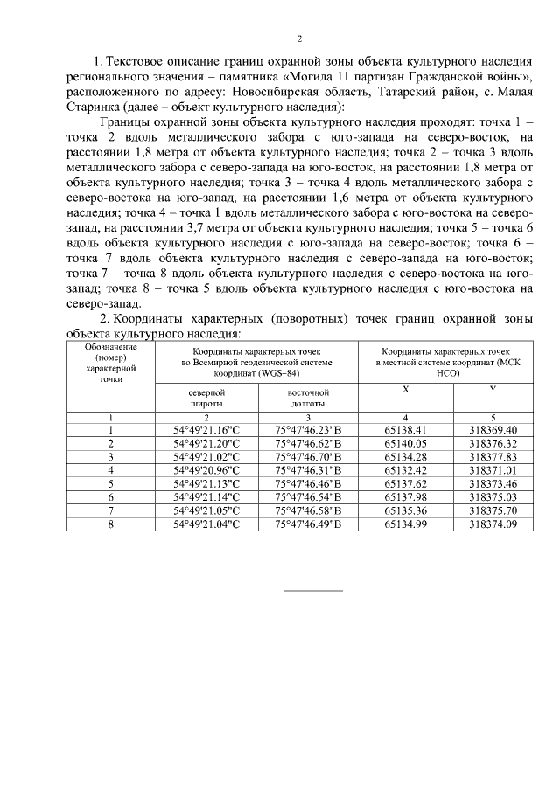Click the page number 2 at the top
(x=299, y=38)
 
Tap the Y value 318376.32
(x=493, y=443)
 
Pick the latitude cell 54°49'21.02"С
(x=206, y=456)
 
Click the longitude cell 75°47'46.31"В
(x=308, y=469)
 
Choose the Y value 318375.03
(x=493, y=496)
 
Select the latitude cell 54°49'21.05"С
(x=206, y=510)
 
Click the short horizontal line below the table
(x=313, y=592)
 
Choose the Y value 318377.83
(x=493, y=456)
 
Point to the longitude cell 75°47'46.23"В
(x=308, y=430)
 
